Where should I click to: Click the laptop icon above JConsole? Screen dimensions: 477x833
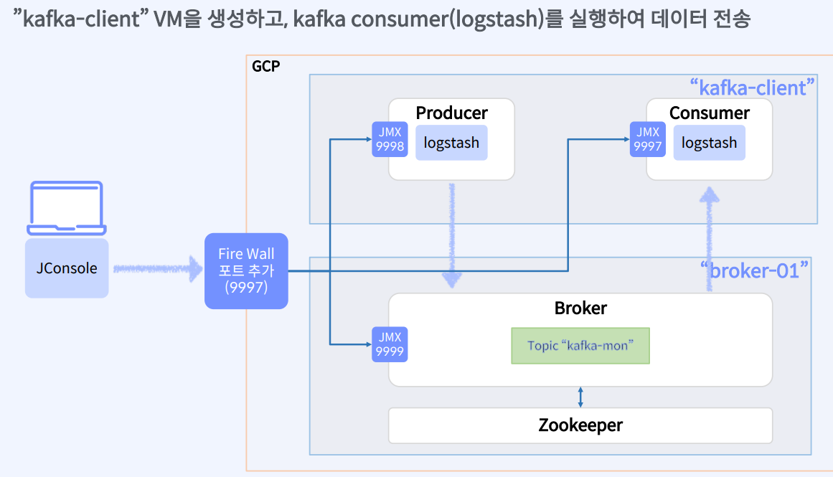tap(67, 209)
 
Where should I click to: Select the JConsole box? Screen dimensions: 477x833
tap(67, 268)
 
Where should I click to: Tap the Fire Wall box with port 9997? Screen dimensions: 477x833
tap(246, 271)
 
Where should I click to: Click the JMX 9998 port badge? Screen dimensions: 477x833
tap(390, 140)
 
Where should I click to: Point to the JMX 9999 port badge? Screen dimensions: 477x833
tap(390, 344)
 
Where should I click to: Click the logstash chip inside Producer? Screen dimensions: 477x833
tap(451, 143)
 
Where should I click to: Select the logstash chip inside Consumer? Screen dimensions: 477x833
tap(709, 143)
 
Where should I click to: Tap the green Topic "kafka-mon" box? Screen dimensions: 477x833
tap(580, 346)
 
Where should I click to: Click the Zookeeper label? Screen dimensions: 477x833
tap(580, 425)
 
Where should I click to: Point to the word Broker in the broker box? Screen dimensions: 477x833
tap(580, 308)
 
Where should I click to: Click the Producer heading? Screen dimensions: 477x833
tap(451, 113)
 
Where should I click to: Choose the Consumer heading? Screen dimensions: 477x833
tap(709, 113)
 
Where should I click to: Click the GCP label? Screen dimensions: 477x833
tap(265, 67)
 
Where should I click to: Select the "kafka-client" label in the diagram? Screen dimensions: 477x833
tap(752, 88)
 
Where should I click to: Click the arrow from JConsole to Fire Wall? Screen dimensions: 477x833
tap(158, 269)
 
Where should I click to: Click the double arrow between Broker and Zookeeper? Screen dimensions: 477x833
tap(580, 397)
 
